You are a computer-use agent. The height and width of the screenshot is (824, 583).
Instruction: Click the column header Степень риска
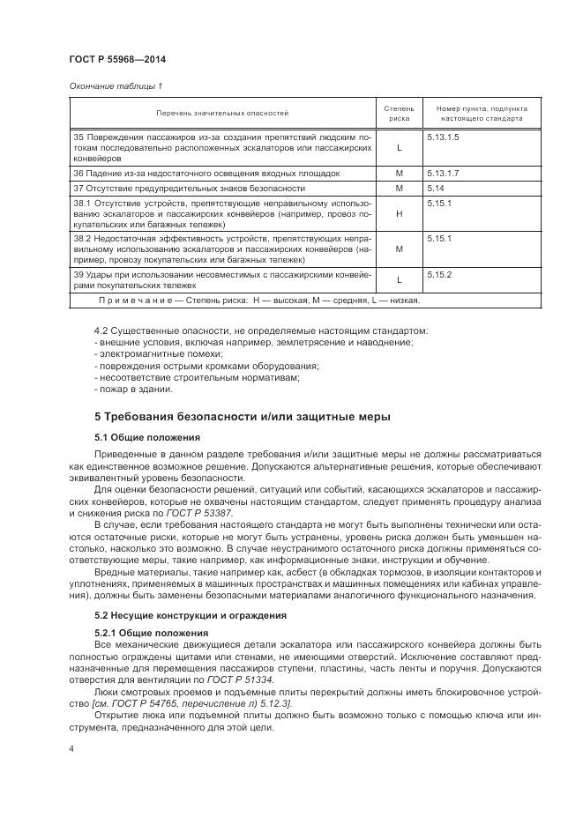pyautogui.click(x=399, y=113)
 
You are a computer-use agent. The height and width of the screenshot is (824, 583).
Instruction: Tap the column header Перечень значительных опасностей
pyautogui.click(x=222, y=113)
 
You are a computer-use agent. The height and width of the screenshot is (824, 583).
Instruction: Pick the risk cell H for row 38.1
pyautogui.click(x=399, y=213)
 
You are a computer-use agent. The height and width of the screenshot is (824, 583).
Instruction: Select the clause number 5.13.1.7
pyautogui.click(x=445, y=174)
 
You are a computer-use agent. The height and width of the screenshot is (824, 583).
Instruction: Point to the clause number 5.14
pyautogui.click(x=436, y=189)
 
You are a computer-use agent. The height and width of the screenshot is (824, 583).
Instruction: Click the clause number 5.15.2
pyautogui.click(x=439, y=274)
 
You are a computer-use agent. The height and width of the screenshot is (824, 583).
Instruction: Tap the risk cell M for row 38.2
pyautogui.click(x=399, y=249)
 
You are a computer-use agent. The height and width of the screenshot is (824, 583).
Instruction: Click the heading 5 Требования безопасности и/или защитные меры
pyautogui.click(x=243, y=416)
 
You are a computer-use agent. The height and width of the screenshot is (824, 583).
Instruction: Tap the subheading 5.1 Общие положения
pyautogui.click(x=147, y=437)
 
